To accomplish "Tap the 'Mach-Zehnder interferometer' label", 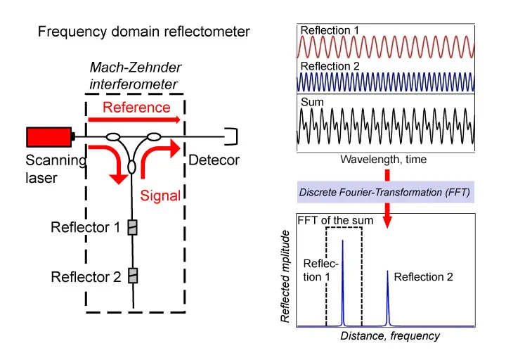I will [136, 75].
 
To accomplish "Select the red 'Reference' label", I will [136, 108].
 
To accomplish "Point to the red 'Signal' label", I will [160, 195].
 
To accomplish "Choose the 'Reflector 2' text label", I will [86, 276].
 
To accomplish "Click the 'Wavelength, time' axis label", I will [383, 160].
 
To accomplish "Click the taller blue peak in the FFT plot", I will [343, 281].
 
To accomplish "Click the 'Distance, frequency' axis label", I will [390, 335].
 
